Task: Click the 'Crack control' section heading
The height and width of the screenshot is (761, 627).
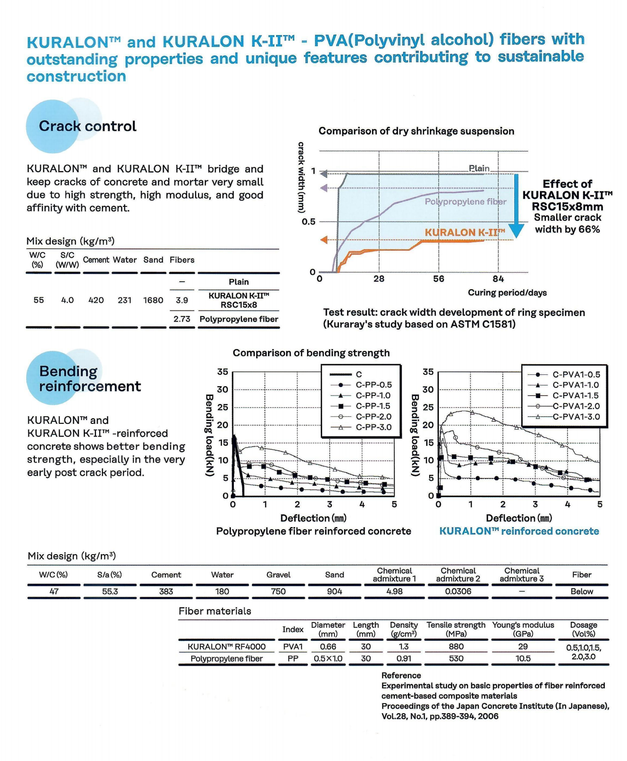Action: (x=88, y=126)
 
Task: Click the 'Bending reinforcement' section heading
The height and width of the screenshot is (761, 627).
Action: (x=90, y=379)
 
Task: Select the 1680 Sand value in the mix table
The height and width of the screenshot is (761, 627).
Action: (x=153, y=300)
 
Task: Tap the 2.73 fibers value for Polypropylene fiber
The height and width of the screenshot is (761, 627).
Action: (x=182, y=319)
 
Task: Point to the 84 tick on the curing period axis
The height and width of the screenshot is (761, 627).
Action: (x=498, y=279)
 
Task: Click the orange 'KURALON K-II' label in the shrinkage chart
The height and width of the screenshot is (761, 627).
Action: (x=465, y=232)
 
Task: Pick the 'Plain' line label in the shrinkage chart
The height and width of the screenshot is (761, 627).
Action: (x=479, y=168)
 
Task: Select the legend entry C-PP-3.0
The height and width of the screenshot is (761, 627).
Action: (x=373, y=427)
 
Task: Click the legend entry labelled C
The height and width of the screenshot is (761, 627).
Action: (x=359, y=374)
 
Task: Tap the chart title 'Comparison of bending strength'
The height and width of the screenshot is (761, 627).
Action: (x=311, y=353)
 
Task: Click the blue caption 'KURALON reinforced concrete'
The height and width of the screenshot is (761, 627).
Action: (x=519, y=531)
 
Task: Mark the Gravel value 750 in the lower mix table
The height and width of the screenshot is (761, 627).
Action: (x=278, y=591)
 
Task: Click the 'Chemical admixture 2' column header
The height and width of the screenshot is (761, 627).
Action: (x=458, y=574)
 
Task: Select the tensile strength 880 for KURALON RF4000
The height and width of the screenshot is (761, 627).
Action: (x=456, y=646)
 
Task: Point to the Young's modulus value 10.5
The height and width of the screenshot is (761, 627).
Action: (x=523, y=659)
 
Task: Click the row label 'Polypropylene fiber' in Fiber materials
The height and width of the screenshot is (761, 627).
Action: (x=226, y=659)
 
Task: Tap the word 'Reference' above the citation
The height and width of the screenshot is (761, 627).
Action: (x=401, y=676)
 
